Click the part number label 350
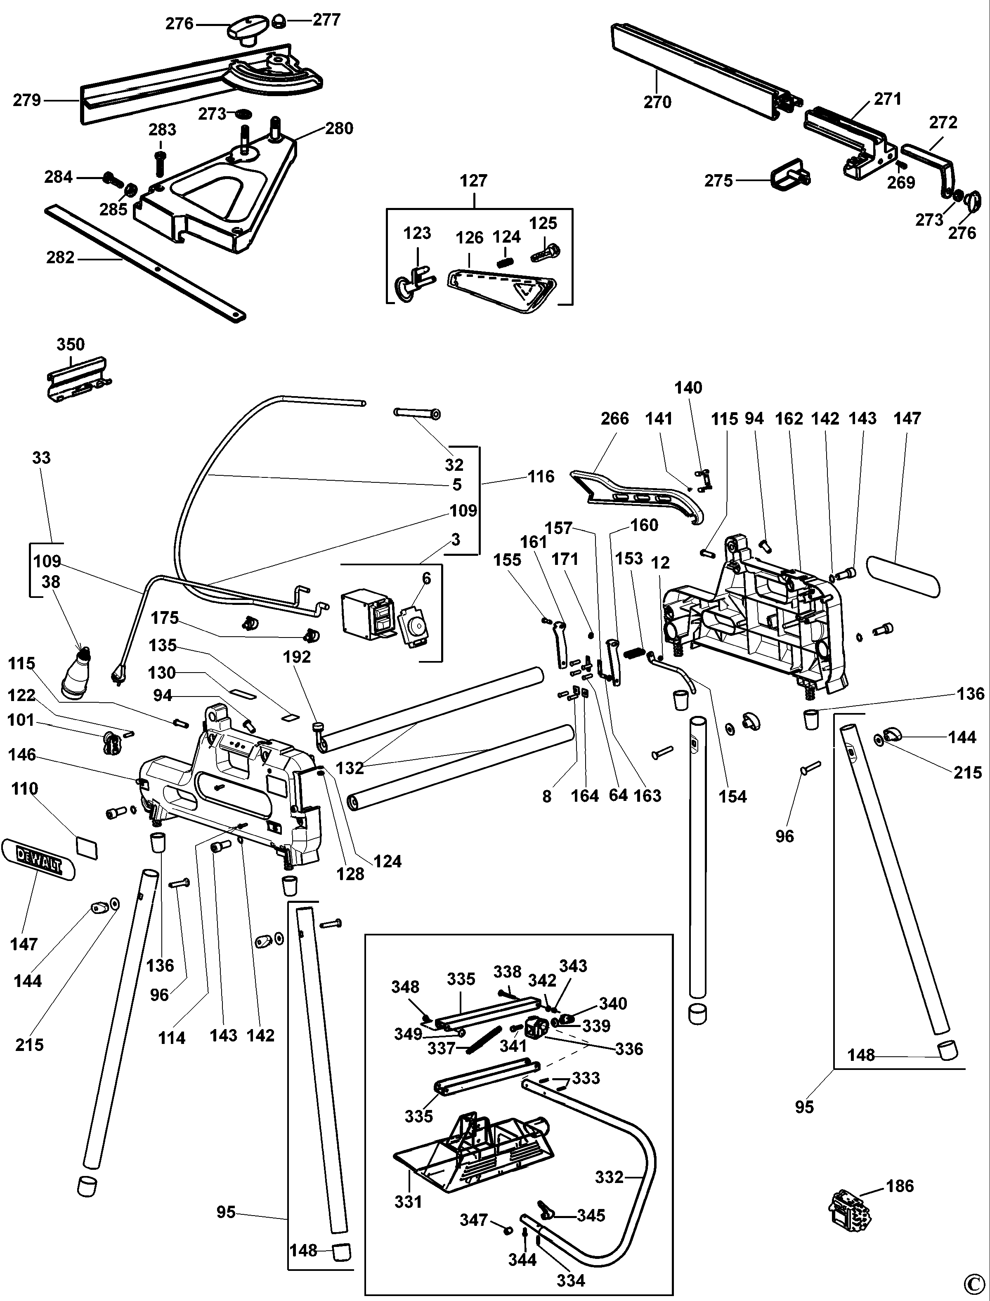(x=70, y=344)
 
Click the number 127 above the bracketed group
(x=474, y=180)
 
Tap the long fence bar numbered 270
(x=695, y=71)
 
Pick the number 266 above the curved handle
(x=614, y=419)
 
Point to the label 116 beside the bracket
(x=541, y=476)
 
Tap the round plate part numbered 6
(x=413, y=628)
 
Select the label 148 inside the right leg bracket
(x=861, y=1055)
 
